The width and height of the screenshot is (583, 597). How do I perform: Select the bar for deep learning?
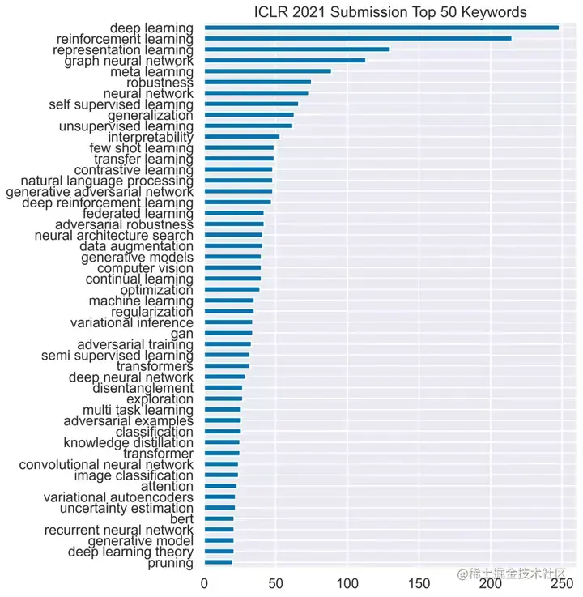click(381, 28)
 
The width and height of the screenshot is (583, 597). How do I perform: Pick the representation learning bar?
click(296, 49)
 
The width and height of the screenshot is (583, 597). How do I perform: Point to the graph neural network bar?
click(284, 60)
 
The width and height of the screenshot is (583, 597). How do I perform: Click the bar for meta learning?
click(267, 71)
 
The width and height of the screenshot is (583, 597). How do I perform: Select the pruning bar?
click(218, 562)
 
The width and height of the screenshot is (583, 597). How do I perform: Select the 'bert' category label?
click(181, 518)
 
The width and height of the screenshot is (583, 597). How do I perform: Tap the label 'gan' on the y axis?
click(182, 334)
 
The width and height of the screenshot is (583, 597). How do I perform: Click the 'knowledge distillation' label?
click(128, 442)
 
